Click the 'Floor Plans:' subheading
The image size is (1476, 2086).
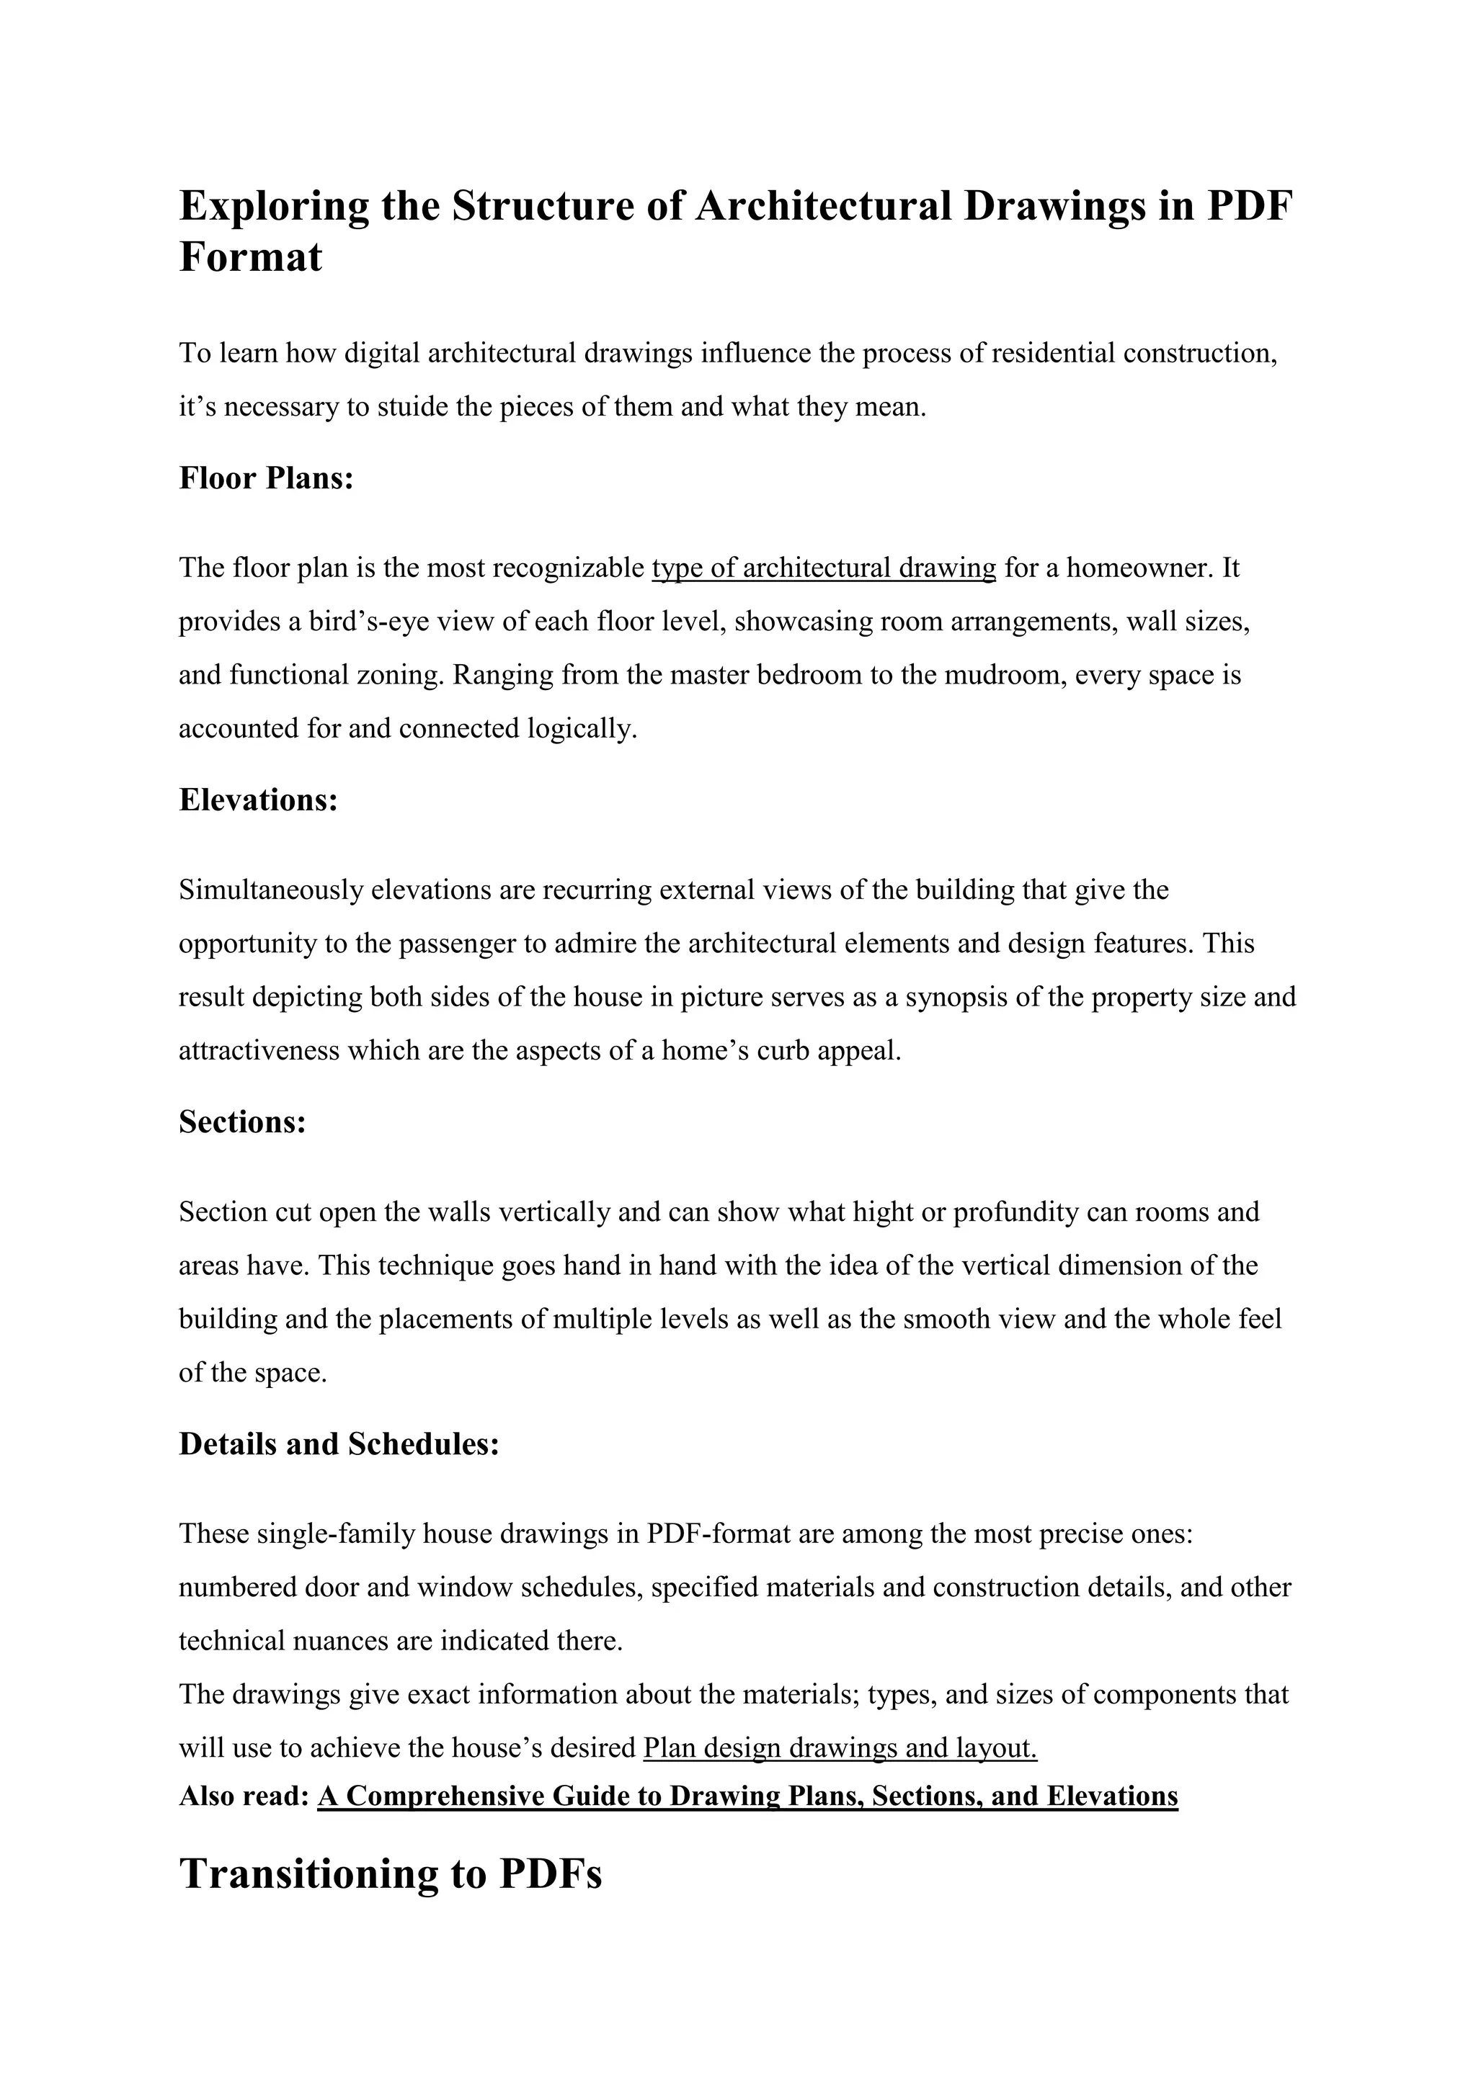point(265,478)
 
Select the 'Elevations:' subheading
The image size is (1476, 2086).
point(258,800)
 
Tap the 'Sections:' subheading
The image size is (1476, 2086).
point(241,1122)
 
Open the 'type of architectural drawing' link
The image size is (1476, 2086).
point(824,569)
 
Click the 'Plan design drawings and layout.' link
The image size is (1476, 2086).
point(839,1748)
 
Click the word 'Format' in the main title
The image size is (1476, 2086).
point(250,257)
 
